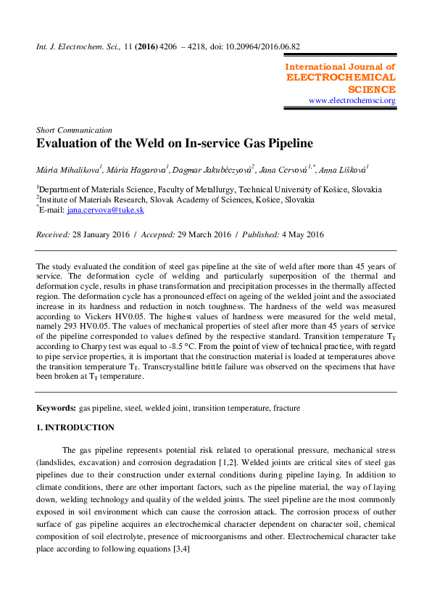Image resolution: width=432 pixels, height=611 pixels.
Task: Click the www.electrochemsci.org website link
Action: pos(352,101)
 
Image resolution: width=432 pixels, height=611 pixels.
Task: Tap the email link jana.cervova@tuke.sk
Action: pos(105,210)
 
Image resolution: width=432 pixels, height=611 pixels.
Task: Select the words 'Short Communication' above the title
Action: pos(74,130)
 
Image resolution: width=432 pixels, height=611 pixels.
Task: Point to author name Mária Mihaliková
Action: pos(68,169)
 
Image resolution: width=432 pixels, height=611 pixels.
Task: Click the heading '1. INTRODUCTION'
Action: pos(75,428)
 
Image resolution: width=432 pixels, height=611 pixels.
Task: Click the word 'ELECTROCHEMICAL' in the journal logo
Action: pos(341,78)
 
